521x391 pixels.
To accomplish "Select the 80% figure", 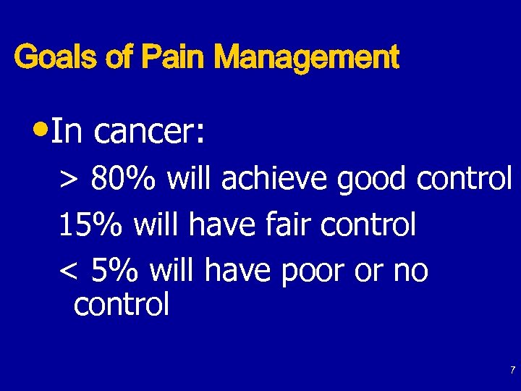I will point(122,179).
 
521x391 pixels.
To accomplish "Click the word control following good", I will point(465,179).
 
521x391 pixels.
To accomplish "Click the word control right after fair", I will point(368,225).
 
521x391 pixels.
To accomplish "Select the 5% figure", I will point(116,272).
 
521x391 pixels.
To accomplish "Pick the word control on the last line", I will point(122,305).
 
